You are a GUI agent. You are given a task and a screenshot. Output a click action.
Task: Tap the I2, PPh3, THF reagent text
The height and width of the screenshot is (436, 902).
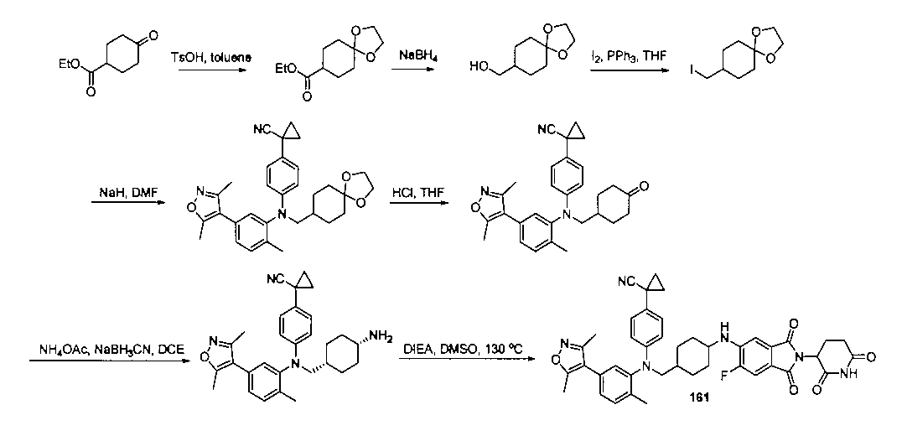628,57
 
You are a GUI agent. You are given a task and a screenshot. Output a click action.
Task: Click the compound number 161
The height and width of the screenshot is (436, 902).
699,397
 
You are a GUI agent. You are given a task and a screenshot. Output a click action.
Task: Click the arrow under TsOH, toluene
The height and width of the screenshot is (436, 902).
212,70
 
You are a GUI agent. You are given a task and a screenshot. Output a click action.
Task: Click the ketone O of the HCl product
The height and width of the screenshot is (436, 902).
643,186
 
